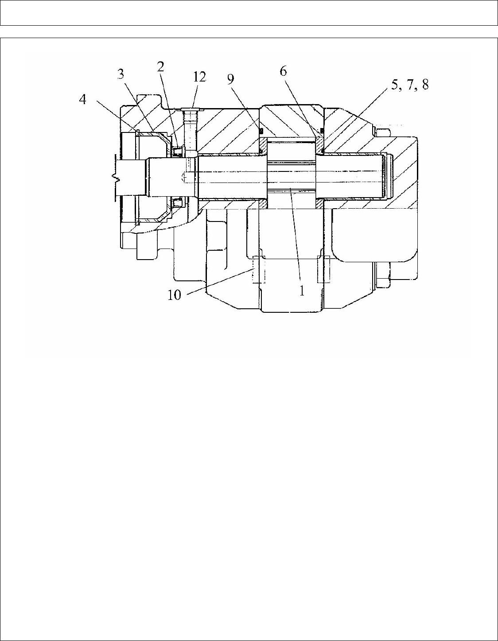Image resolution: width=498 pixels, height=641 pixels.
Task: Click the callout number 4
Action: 83,100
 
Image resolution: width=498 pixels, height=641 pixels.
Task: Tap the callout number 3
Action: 121,74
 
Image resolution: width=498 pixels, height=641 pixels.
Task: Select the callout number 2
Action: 160,67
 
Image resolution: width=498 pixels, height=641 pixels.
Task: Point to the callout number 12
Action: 200,77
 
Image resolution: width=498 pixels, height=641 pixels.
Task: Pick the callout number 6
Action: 283,71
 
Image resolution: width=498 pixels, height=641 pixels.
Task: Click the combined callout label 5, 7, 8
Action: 410,85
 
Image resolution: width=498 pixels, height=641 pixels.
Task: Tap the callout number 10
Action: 175,295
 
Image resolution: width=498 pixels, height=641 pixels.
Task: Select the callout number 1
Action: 302,291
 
